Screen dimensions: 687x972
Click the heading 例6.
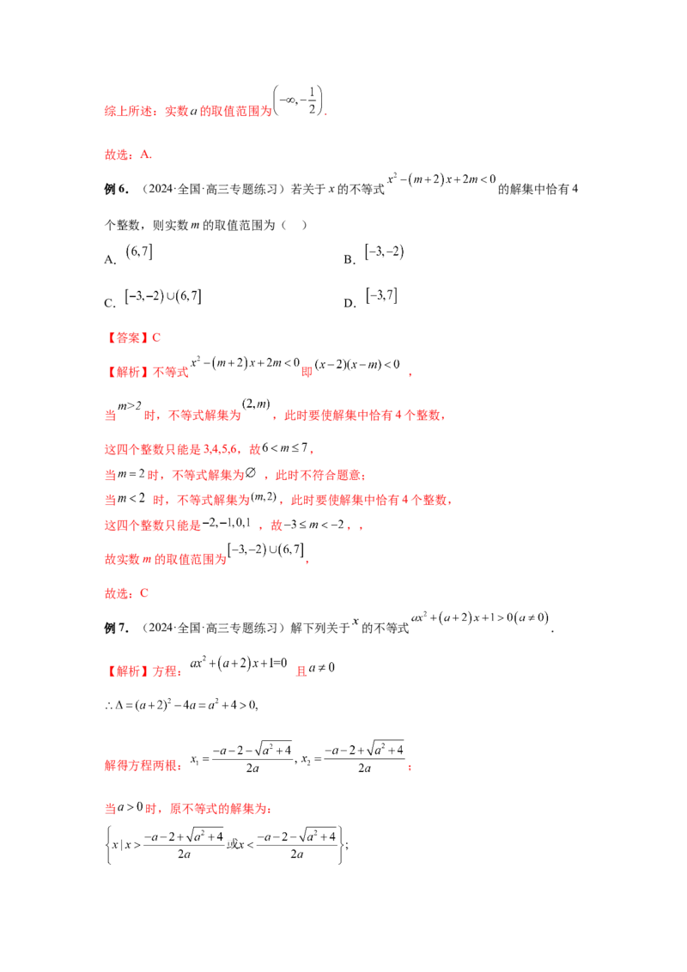116,189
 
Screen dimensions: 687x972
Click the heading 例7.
116,628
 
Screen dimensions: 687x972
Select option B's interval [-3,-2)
385,252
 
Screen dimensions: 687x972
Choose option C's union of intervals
163,296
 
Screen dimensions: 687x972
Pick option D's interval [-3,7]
381,295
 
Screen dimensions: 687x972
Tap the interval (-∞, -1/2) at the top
298,100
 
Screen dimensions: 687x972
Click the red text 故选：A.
128,155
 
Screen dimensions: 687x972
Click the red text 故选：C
126,593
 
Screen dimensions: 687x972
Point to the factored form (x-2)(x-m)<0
357,364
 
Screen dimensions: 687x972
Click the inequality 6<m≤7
284,447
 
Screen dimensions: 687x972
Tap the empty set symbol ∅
251,473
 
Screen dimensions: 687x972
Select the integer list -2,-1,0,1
227,523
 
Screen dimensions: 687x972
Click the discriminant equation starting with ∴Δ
181,705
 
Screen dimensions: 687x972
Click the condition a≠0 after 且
322,668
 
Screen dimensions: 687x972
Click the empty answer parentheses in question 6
294,225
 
